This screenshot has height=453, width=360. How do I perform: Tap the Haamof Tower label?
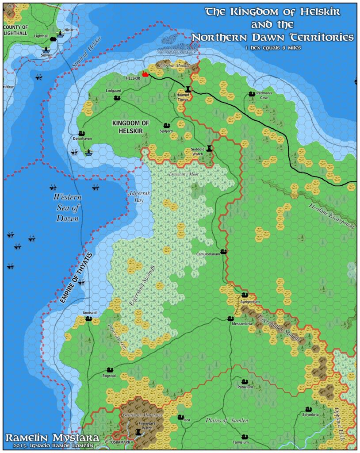pos(183,97)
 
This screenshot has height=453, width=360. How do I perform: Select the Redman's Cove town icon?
pos(252,94)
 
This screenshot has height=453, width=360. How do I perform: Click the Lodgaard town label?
pos(113,90)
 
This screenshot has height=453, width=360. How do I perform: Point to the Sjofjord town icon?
pos(167,126)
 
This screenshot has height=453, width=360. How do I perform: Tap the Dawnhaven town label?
pos(82,138)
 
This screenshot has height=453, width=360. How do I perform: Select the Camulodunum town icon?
pos(224,251)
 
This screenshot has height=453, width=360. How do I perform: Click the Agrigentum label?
pos(249,301)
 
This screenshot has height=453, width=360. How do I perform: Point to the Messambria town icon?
pos(230,318)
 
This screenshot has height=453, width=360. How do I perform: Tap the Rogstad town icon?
pos(110,369)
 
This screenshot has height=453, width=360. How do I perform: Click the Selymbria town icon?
pos(308,409)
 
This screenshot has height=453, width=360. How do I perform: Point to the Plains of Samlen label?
pos(227,420)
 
